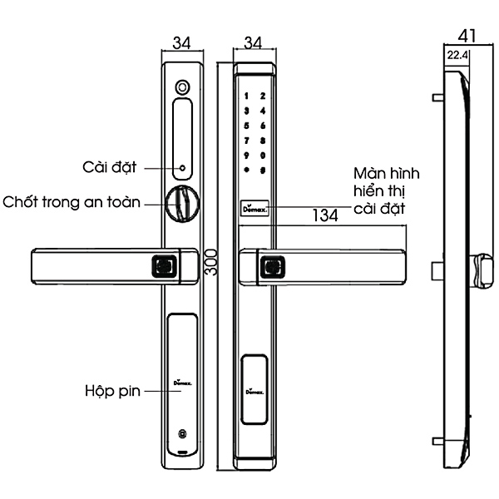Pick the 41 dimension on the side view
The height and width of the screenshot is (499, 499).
467,36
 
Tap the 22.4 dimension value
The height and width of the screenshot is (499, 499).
457,56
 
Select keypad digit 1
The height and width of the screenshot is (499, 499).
246,96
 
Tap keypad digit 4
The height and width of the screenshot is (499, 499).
262,111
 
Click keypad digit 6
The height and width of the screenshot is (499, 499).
262,126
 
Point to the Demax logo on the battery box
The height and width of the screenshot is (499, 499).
180,382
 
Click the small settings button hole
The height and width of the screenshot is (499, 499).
180,167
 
